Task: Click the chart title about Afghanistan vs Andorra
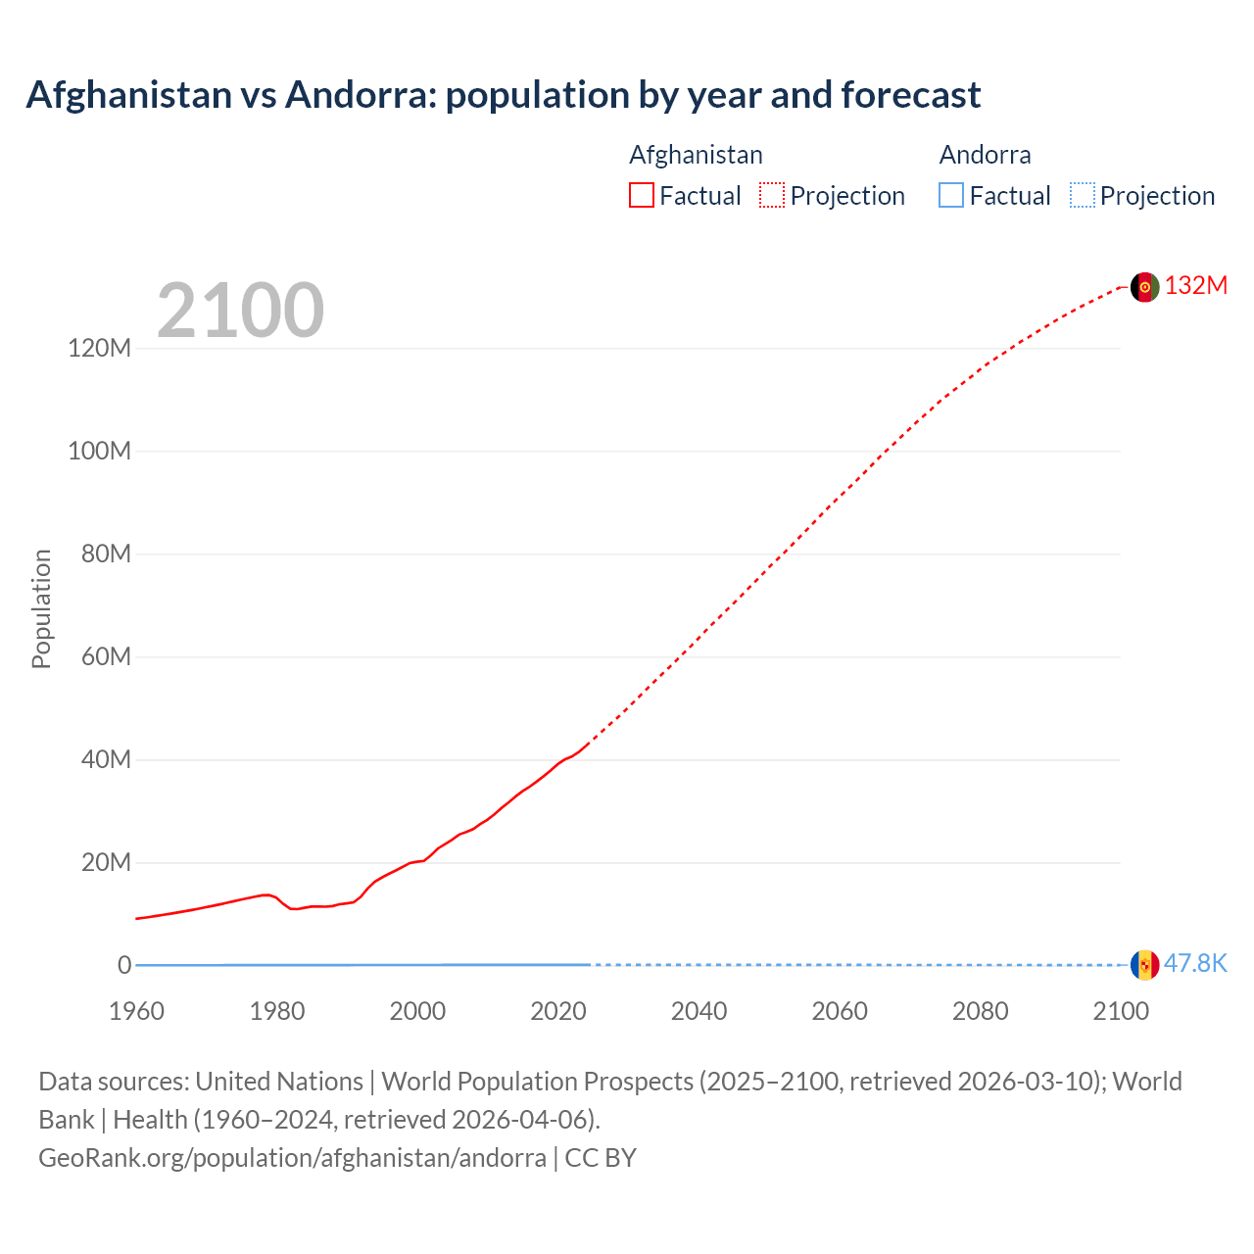coord(503,95)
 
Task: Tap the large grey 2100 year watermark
coord(240,311)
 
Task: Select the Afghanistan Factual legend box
coord(642,196)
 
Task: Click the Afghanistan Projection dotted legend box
coord(772,196)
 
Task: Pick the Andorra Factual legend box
coord(951,196)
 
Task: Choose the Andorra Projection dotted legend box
coord(1083,196)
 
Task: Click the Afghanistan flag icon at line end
coord(1144,287)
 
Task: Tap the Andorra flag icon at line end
coord(1144,965)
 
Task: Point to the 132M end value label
coord(1195,285)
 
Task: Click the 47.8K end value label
coord(1195,964)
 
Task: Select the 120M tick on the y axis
coord(99,349)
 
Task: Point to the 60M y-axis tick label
coord(105,656)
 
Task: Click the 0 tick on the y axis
coord(124,965)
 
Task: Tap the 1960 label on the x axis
coord(136,1011)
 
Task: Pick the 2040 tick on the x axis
coord(699,1011)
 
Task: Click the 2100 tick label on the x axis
coord(1121,1011)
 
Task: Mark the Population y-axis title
coord(41,608)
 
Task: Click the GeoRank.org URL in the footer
coord(292,1158)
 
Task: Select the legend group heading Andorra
coord(985,155)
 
